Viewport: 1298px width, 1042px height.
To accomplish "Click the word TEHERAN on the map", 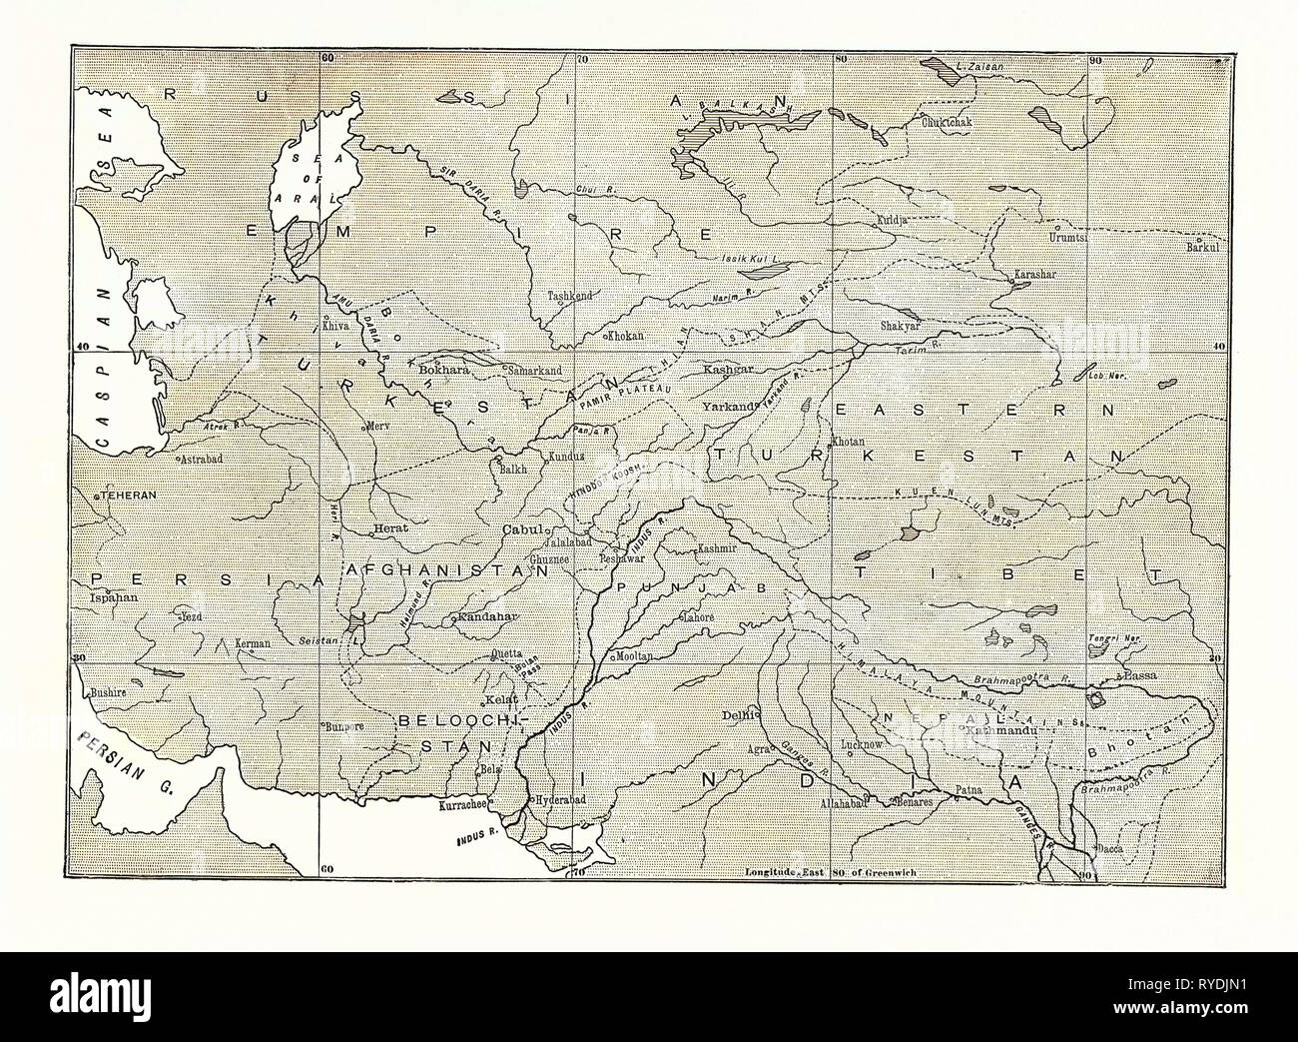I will click(x=121, y=497).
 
